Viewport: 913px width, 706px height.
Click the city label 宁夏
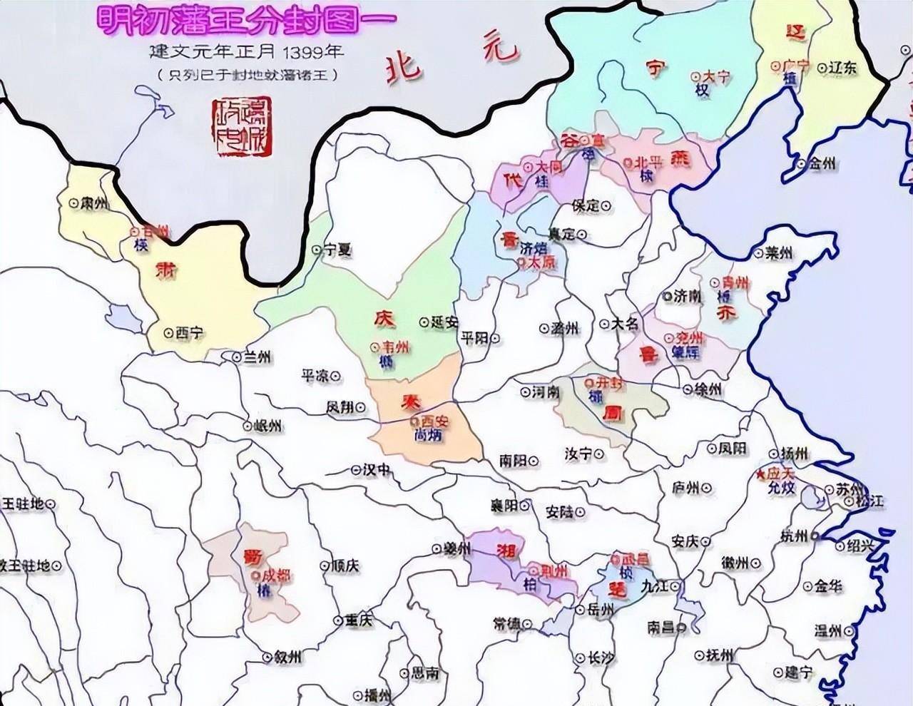[338, 250]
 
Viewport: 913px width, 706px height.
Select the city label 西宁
[189, 332]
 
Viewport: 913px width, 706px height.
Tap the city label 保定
[586, 205]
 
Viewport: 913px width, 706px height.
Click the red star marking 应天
[762, 474]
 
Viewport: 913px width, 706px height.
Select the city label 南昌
[662, 628]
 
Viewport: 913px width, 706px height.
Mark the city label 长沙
[598, 659]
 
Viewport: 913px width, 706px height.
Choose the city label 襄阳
[504, 506]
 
